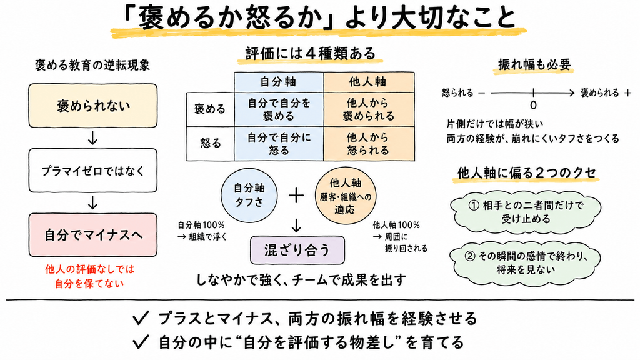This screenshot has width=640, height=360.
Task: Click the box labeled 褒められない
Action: point(92,106)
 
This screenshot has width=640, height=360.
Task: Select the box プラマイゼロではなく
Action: point(92,171)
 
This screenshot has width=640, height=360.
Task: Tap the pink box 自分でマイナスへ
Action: point(92,235)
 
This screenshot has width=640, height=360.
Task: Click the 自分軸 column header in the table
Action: point(279,82)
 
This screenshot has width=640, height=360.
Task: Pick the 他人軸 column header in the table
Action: point(369,82)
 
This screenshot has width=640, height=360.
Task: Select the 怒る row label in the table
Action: point(210,143)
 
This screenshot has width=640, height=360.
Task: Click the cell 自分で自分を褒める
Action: point(279,109)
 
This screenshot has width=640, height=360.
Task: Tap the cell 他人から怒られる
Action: point(369,144)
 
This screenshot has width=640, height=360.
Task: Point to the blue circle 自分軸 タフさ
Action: point(249,195)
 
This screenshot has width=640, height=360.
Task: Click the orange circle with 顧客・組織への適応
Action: point(345,196)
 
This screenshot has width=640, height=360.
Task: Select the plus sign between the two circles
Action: point(296,196)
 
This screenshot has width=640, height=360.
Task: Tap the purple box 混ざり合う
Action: point(297,250)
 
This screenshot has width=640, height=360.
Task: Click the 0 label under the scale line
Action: point(533,105)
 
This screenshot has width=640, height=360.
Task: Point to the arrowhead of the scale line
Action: point(572,93)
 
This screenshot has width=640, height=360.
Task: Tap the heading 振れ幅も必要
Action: point(534,65)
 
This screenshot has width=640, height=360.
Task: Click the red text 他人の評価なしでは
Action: point(90,269)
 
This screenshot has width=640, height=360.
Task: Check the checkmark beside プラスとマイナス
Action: point(140,318)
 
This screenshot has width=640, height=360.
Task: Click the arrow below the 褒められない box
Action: point(92,139)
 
